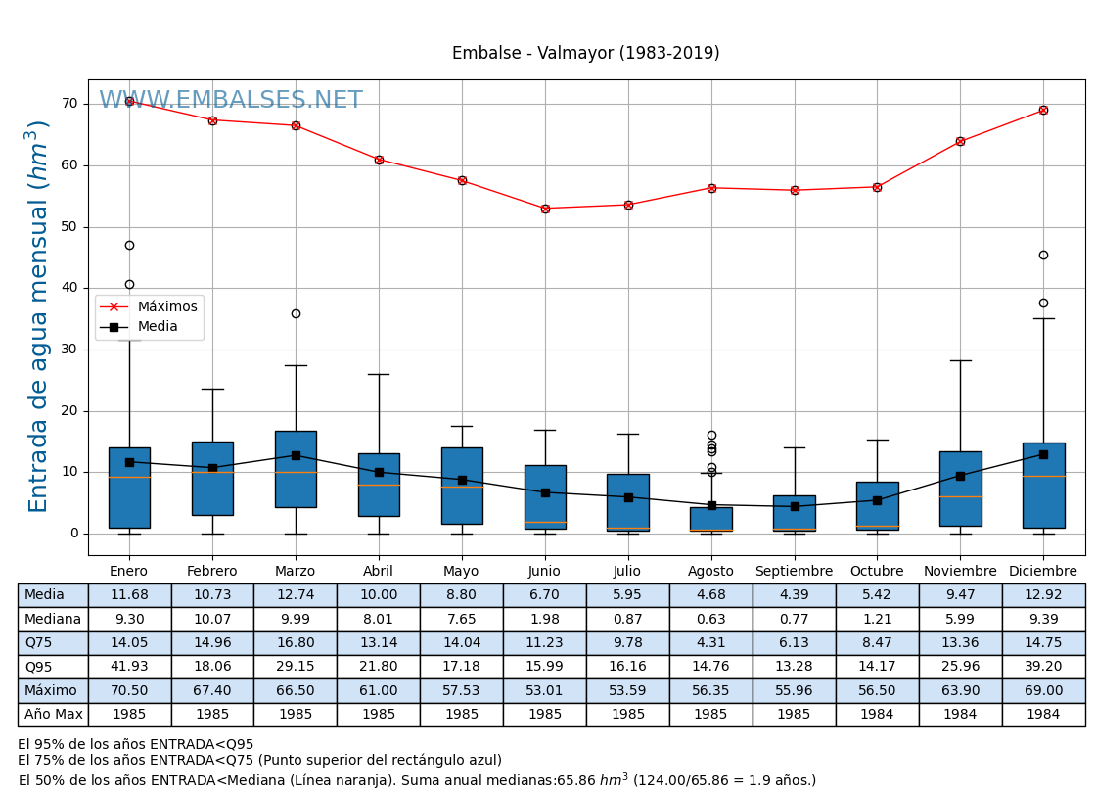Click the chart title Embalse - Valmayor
pos(585,54)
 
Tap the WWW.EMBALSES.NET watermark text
pos(231,101)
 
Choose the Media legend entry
pos(157,327)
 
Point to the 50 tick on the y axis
pos(68,227)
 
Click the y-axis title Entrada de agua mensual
pos(39,315)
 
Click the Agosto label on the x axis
pos(710,572)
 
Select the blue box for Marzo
pos(296,469)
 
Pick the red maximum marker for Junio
pos(545,209)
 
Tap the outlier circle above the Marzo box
pos(296,314)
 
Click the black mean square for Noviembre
pos(960,476)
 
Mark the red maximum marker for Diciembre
pos(1043,110)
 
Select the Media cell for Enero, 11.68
pos(129,595)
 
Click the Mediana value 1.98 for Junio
pos(545,620)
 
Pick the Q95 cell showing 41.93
pos(129,667)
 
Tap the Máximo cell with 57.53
pos(462,691)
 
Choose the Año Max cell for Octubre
pos(877,715)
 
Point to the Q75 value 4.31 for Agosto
pos(710,643)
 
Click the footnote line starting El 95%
pos(135,745)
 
